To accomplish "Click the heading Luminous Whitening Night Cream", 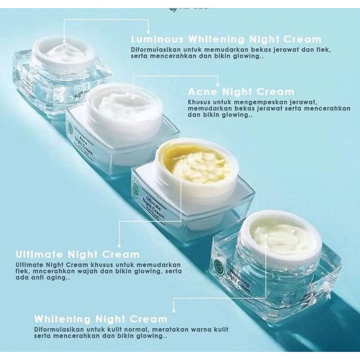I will [x=226, y=39].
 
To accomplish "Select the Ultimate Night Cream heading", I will [x=77, y=254].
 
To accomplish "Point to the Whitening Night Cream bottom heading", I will [x=101, y=319].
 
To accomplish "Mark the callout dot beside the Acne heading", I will [x=218, y=84].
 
